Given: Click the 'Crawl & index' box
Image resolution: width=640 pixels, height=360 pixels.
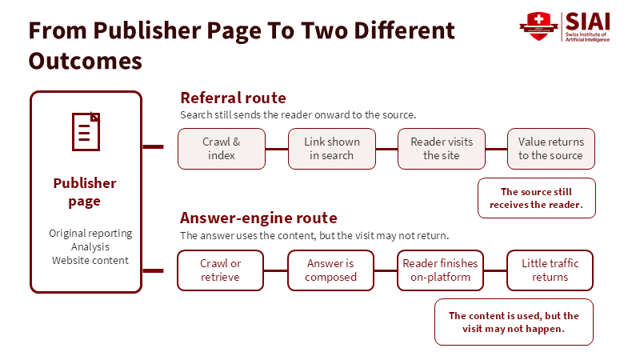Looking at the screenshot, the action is tap(222, 149).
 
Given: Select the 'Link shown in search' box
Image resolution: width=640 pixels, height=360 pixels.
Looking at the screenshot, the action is tap(332, 149).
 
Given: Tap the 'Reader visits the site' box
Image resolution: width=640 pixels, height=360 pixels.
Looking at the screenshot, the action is tap(442, 149).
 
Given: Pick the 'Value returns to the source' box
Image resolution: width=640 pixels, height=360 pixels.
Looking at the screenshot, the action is tap(551, 149).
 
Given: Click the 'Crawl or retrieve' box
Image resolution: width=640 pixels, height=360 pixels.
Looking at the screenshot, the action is tap(221, 270).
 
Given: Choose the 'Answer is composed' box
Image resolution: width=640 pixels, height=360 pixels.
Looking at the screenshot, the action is tap(330, 270).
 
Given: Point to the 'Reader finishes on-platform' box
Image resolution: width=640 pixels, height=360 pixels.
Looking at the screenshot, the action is tap(441, 270).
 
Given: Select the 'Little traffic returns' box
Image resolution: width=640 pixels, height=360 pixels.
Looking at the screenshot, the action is tap(550, 270).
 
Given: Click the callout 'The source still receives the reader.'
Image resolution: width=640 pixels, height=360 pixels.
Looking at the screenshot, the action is tap(537, 198).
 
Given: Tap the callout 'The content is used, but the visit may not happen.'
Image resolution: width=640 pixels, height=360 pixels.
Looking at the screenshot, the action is tap(514, 322).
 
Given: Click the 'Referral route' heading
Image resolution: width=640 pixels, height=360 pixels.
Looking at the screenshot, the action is tap(233, 98).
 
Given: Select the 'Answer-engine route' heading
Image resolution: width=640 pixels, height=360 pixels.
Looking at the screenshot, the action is tap(258, 218).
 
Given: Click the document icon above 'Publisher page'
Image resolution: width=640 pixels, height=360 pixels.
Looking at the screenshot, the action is tap(86, 132).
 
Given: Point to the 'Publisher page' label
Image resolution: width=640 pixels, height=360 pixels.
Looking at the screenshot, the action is tap(85, 192).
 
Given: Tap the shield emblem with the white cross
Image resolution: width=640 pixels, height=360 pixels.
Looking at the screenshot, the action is tap(538, 26).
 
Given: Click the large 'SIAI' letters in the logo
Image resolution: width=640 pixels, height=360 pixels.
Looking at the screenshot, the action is tap(588, 22).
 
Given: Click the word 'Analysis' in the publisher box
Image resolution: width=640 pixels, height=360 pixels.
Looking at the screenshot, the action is tap(90, 247).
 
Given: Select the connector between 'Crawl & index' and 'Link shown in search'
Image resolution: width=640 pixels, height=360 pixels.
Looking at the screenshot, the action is tap(277, 149).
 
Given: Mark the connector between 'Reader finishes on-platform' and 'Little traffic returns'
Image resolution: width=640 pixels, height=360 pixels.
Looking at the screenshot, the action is tap(495, 270).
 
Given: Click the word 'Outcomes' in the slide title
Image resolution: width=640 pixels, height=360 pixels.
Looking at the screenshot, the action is tap(86, 62).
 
